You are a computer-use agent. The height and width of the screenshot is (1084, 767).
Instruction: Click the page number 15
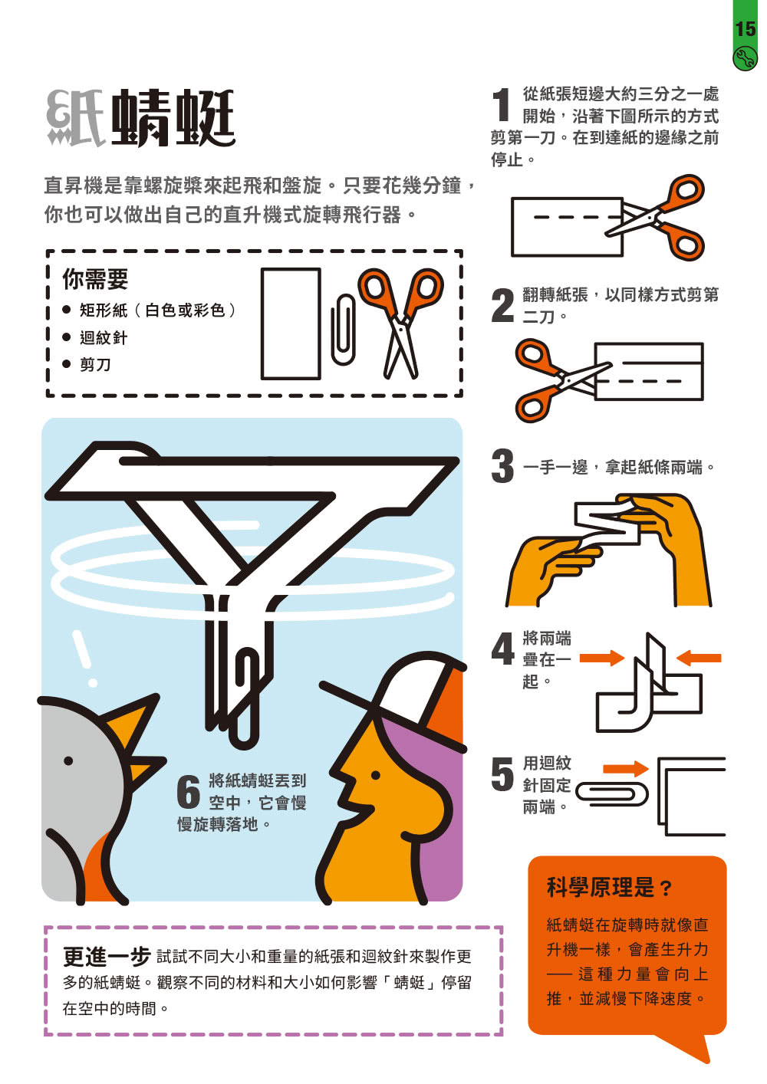[746, 29]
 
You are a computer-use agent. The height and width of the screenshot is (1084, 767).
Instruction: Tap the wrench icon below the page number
[745, 60]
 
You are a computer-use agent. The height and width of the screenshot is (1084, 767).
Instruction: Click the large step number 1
[502, 104]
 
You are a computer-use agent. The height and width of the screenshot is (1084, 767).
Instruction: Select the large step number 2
[502, 305]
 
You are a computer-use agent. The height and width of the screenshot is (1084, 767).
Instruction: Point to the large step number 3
[502, 465]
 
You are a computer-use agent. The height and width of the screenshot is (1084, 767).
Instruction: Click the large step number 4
[502, 649]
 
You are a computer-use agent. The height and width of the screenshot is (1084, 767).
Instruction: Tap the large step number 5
[502, 774]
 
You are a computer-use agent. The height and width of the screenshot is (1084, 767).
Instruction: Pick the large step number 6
[189, 792]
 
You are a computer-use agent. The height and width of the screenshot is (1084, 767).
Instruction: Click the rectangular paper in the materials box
[291, 324]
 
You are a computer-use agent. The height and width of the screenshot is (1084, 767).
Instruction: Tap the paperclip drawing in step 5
[611, 793]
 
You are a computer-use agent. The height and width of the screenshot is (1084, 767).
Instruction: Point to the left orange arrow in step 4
[602, 658]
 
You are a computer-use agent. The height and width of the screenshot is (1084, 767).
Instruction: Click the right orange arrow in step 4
[699, 658]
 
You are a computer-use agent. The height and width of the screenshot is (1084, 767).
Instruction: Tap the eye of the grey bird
[68, 760]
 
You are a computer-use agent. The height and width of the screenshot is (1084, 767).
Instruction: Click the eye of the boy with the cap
[375, 775]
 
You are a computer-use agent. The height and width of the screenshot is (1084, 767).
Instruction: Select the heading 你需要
[95, 279]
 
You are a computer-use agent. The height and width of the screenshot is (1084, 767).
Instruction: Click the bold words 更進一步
[107, 957]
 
